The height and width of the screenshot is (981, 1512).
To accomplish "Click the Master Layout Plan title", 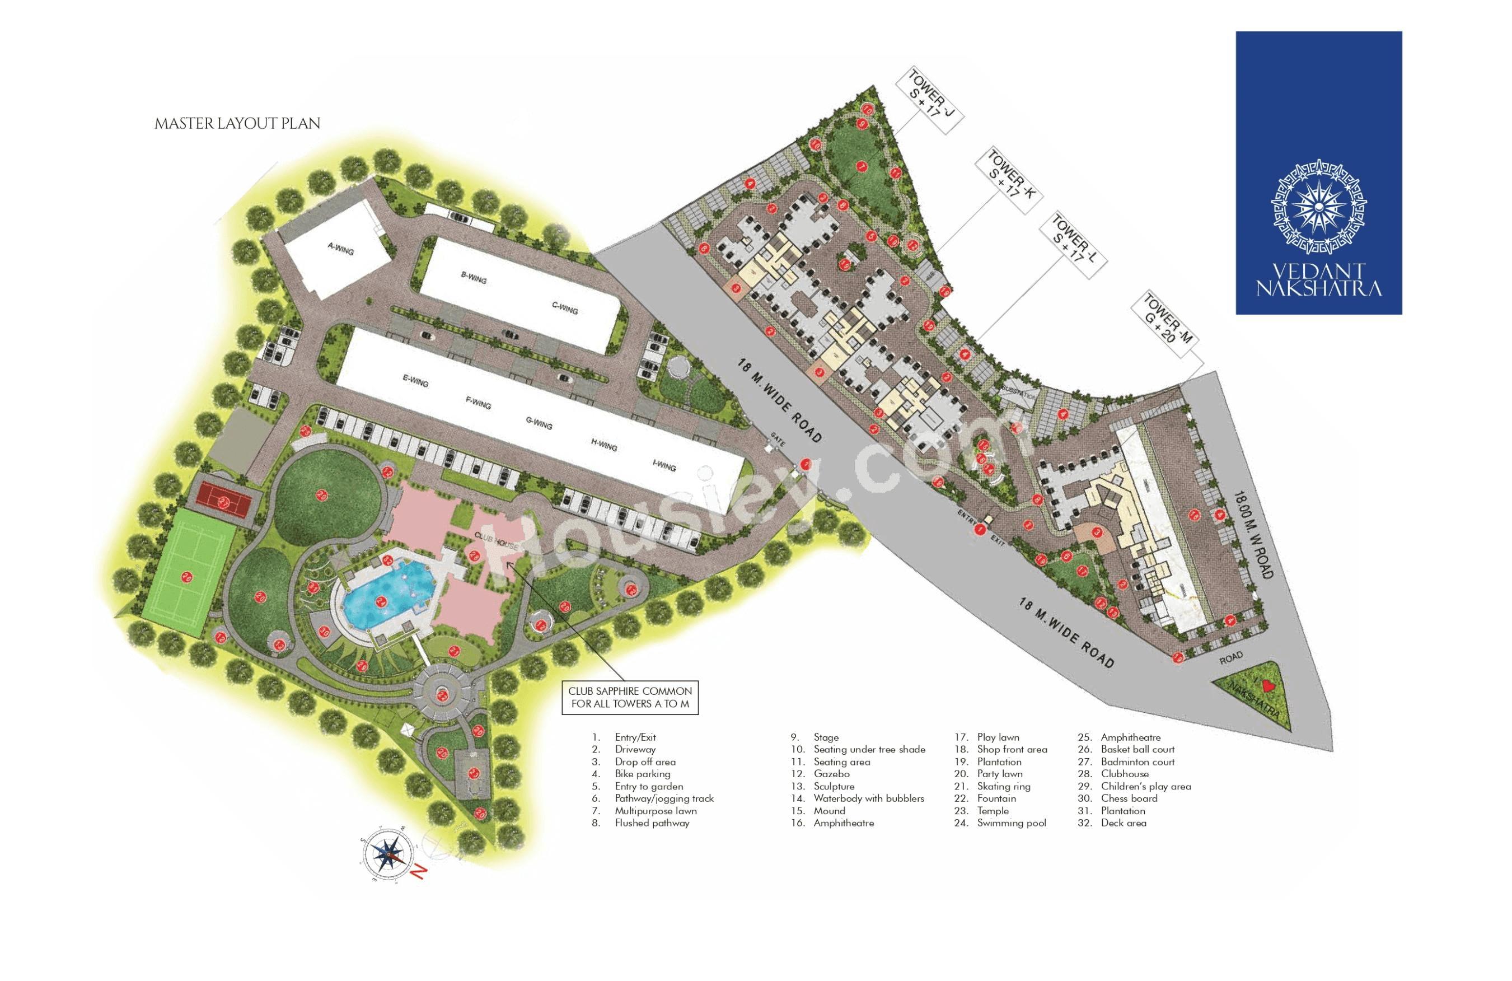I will pos(237,123).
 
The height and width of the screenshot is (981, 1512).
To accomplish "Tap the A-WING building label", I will pos(340,249).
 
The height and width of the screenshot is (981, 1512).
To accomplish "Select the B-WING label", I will pos(473,277).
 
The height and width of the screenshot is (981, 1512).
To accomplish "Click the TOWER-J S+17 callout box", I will pos(929,102).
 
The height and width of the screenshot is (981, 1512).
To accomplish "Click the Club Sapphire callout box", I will pos(630,697).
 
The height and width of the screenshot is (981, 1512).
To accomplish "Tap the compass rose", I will pos(387,854).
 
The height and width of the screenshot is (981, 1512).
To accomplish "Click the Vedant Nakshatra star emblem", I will pos(1319,208).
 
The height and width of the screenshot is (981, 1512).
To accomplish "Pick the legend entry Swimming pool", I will pos(1011,823).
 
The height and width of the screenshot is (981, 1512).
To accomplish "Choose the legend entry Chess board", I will pos(1129,798).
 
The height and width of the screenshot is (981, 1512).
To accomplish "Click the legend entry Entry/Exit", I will pos(635,737).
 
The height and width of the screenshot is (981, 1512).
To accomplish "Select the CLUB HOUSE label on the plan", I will pos(496,541).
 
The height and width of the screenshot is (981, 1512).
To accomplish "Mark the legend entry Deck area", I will pos(1123,823).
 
